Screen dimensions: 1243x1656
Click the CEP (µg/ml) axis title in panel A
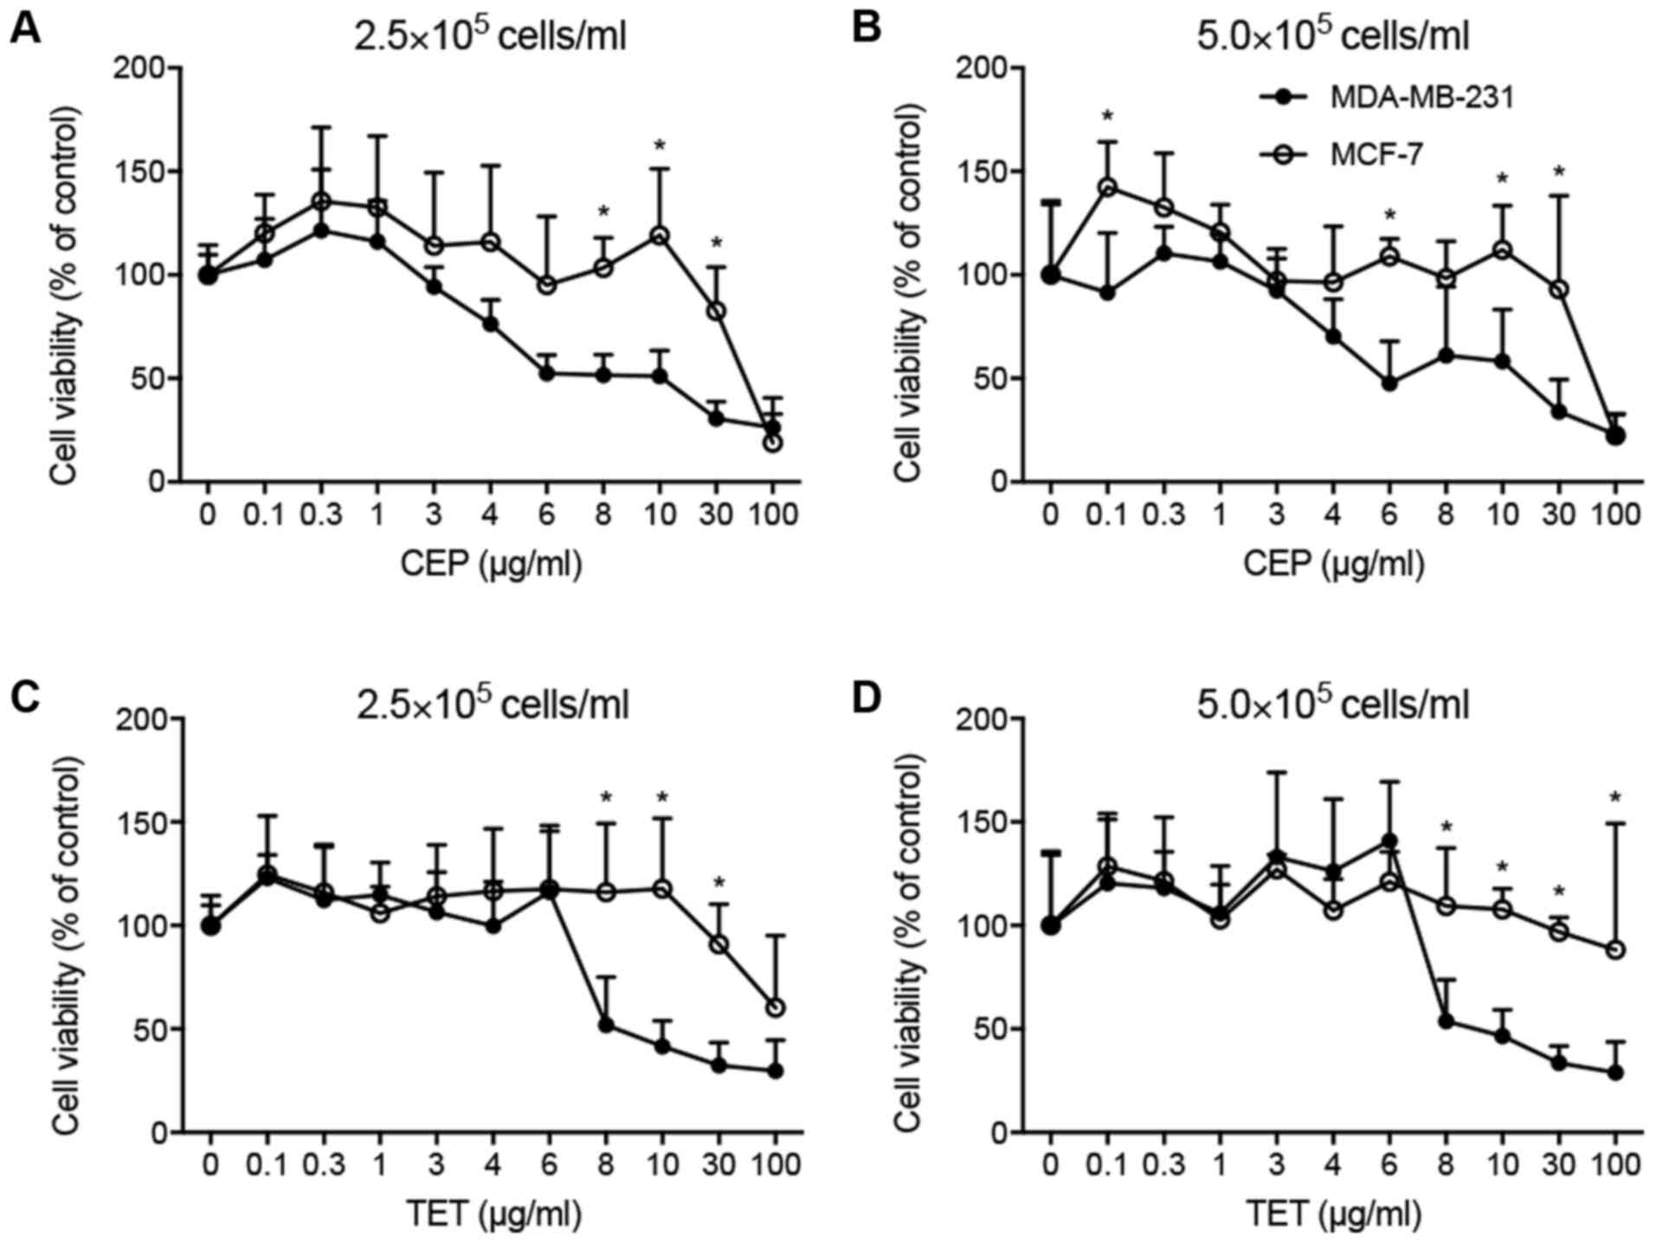click(x=491, y=564)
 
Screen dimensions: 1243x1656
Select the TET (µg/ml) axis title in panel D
click(x=1333, y=1215)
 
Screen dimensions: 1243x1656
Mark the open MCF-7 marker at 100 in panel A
click(x=773, y=442)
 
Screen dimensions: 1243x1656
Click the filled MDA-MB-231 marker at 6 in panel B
click(x=1389, y=383)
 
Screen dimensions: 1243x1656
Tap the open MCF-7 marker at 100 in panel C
click(x=775, y=1008)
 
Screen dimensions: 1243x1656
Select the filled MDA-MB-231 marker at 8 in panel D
click(x=1446, y=1021)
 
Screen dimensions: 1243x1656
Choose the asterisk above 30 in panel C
click(x=718, y=884)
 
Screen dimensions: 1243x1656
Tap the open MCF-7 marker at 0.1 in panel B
click(x=1107, y=187)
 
